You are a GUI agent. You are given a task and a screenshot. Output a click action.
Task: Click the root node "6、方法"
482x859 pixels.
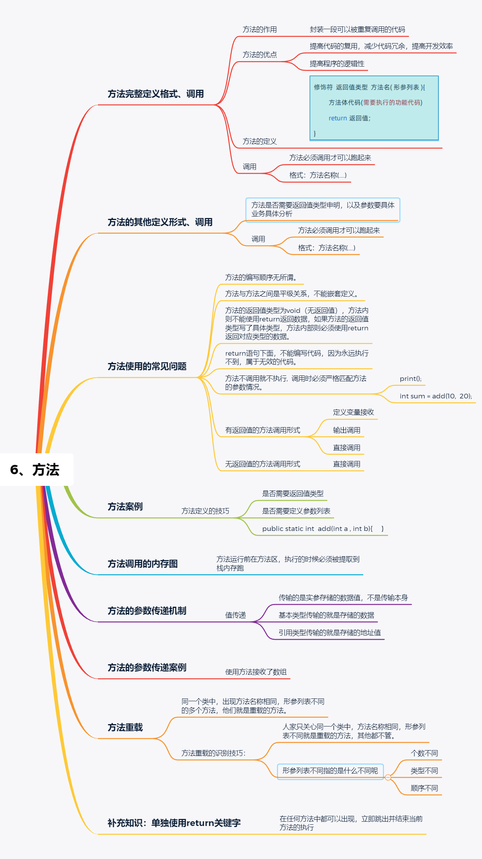point(35,470)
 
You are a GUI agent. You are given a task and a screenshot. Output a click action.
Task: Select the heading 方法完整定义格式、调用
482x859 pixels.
point(155,94)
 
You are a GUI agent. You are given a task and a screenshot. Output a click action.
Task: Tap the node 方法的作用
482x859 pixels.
point(260,30)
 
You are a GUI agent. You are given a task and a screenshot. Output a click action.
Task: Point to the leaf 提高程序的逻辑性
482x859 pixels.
point(337,64)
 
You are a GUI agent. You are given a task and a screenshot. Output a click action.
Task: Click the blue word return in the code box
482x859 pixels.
point(337,118)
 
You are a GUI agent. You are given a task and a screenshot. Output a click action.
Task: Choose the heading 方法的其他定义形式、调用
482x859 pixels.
point(160,222)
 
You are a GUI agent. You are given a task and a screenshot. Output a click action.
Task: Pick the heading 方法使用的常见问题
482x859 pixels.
point(147,367)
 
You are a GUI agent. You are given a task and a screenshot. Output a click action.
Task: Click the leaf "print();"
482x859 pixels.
point(410,379)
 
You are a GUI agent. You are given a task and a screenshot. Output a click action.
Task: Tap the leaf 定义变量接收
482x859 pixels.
point(353,412)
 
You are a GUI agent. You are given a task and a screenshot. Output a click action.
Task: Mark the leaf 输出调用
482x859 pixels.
point(346,430)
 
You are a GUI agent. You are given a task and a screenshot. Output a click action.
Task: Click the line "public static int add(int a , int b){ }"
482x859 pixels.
point(323,529)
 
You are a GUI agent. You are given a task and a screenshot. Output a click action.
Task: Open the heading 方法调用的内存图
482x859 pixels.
point(142,564)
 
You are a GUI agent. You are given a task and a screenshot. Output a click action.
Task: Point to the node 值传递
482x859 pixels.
point(236,615)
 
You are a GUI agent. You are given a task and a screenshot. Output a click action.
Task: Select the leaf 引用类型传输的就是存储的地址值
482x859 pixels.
point(330,633)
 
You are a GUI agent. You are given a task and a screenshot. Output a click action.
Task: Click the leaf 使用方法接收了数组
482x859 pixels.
point(256,672)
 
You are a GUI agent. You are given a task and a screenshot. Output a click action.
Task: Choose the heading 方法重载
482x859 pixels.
point(125,728)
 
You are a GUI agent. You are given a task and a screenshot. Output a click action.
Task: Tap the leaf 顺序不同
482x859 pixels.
point(424,788)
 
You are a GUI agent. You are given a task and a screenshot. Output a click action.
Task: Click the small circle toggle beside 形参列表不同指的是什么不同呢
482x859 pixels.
point(388,777)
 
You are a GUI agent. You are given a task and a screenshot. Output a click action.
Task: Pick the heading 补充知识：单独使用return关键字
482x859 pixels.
point(174,823)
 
